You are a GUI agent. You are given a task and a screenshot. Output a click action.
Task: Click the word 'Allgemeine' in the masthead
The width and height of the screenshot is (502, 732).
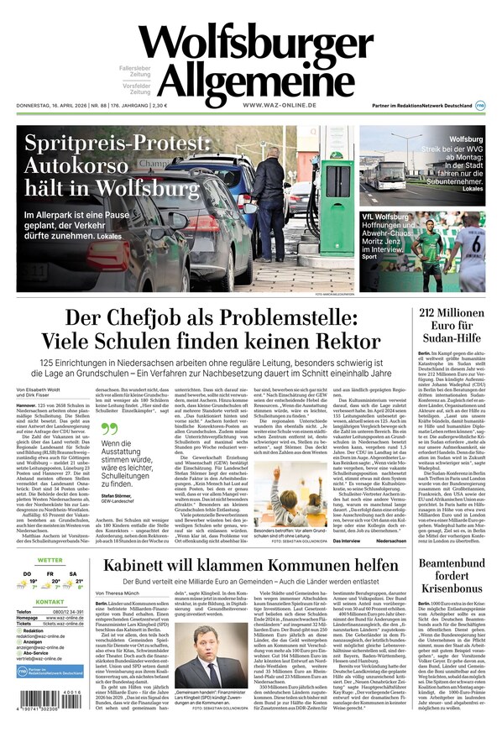(255, 80)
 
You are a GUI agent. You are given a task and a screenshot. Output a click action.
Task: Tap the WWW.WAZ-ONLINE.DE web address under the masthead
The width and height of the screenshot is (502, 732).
(279, 105)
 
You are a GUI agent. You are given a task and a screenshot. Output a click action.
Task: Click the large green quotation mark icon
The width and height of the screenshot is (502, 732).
(110, 427)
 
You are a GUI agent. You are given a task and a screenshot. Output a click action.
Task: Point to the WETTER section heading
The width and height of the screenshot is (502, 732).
(50, 560)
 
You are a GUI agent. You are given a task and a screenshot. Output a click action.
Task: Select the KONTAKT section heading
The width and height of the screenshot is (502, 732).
(50, 625)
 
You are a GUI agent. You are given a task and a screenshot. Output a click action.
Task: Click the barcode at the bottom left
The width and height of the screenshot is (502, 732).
(50, 702)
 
